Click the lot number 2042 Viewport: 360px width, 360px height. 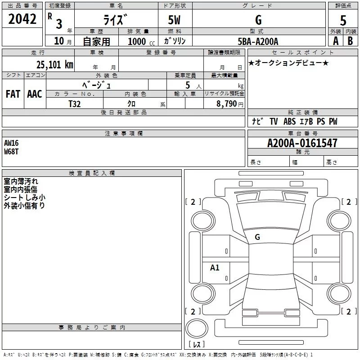(x=22, y=19)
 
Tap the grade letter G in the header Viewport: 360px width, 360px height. (x=258, y=20)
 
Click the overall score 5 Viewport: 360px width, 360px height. (x=343, y=20)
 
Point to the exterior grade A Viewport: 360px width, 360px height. (x=335, y=40)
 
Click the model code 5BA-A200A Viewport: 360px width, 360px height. (x=258, y=41)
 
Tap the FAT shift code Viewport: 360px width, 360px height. (x=13, y=94)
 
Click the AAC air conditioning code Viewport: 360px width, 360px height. (x=35, y=94)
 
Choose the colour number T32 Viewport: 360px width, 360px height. (x=75, y=103)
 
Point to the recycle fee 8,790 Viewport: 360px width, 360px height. (x=227, y=103)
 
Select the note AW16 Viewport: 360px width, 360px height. (x=12, y=143)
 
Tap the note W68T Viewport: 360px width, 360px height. (x=12, y=151)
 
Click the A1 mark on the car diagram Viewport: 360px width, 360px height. (x=215, y=268)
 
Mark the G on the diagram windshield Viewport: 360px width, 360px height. (x=257, y=237)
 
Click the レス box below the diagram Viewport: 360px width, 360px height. (x=197, y=345)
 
